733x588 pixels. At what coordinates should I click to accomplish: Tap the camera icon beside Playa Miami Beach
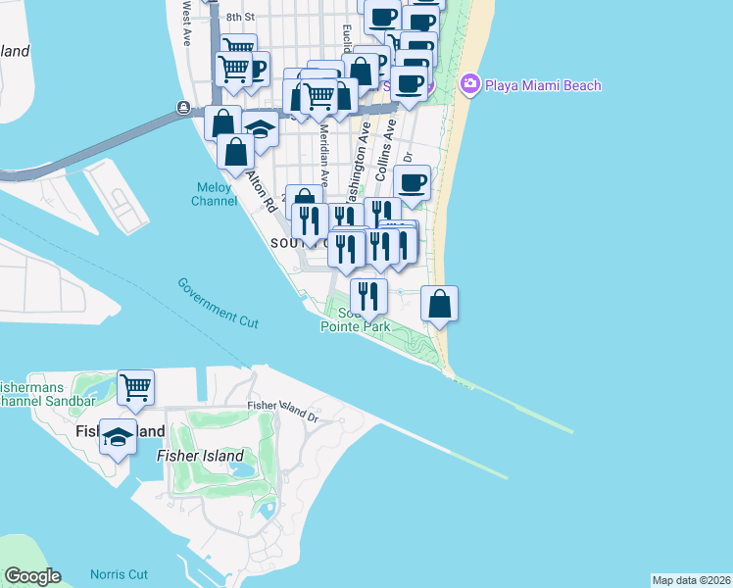(x=470, y=84)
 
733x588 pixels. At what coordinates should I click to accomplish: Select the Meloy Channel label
(x=215, y=194)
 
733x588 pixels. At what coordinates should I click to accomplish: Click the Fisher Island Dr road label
(x=284, y=405)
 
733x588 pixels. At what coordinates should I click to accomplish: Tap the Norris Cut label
(x=119, y=574)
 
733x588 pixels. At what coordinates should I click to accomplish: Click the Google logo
(x=32, y=576)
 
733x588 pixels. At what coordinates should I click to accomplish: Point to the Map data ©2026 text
(x=691, y=580)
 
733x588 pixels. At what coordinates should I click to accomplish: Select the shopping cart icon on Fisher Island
(x=135, y=386)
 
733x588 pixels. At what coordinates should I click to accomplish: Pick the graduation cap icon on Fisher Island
(x=118, y=437)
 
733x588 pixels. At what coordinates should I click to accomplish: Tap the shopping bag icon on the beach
(x=440, y=302)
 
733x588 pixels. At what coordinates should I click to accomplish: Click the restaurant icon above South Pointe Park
(x=368, y=295)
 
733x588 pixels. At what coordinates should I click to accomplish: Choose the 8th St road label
(x=239, y=18)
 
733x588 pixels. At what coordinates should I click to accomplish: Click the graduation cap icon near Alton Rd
(x=260, y=129)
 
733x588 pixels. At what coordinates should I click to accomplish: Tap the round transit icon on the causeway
(x=183, y=108)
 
